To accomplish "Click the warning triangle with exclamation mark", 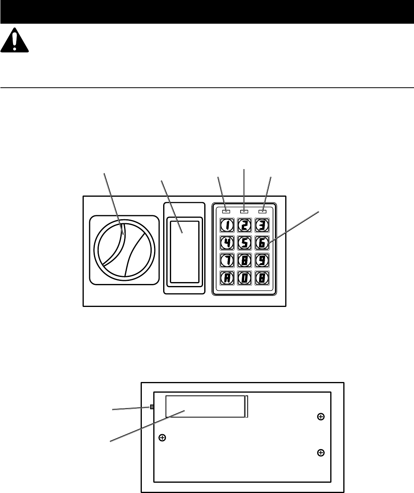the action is pos(15,41).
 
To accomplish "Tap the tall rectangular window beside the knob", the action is pos(184,252).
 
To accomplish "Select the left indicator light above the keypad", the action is pos(226,212).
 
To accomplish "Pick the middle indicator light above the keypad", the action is pos(245,212).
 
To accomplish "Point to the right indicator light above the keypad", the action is pos(263,212).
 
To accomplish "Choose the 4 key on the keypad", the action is pos(227,243).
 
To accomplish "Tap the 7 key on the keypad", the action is pos(227,260).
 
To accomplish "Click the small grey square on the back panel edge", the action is pos(152,407).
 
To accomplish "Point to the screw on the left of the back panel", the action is pos(162,437).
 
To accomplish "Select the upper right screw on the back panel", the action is pos(321,416).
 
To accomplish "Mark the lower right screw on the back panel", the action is pos(321,453).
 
